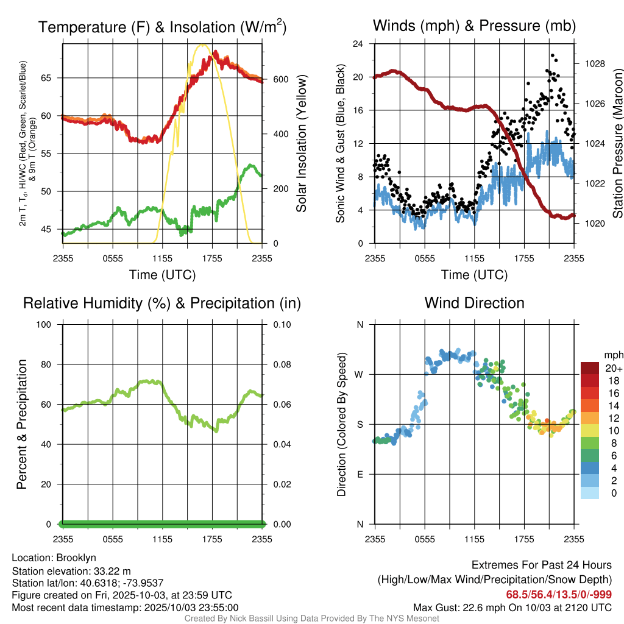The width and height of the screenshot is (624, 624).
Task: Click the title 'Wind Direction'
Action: pyautogui.click(x=474, y=303)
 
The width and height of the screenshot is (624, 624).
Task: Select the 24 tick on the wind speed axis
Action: pyautogui.click(x=358, y=44)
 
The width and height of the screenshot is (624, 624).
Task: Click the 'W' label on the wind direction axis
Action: pyautogui.click(x=360, y=374)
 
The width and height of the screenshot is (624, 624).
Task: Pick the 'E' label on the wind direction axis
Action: pyautogui.click(x=360, y=474)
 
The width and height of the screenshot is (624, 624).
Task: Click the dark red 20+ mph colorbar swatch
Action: pyautogui.click(x=590, y=368)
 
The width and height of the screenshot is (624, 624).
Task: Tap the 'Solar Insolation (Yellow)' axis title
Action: pyautogui.click(x=301, y=144)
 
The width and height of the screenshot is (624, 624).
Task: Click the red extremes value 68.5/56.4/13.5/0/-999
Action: pyautogui.click(x=559, y=594)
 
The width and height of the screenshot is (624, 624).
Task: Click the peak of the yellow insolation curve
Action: pyautogui.click(x=203, y=44)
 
